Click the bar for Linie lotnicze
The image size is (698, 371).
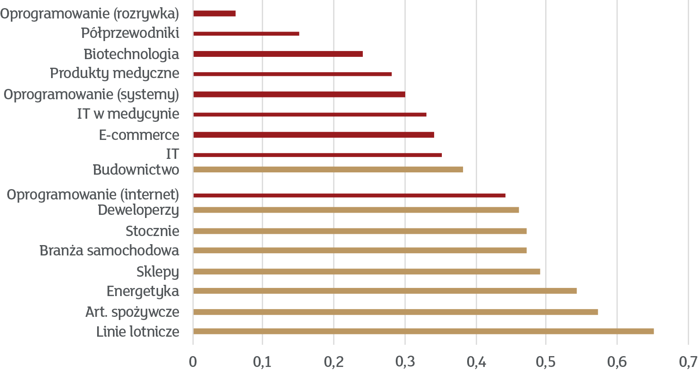point(423,331)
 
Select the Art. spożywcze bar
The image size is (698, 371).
point(395,312)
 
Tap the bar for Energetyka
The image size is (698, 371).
point(385,291)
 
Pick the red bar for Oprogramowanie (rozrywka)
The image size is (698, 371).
point(215,14)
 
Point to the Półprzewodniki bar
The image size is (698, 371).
point(246,33)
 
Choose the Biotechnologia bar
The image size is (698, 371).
point(278,54)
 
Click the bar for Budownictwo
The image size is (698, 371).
point(328,170)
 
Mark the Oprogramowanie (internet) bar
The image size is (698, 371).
point(349,195)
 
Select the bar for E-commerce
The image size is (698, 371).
point(314,135)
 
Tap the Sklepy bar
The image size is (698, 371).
point(366,272)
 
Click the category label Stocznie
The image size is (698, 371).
point(152,231)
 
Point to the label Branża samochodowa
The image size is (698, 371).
point(109,250)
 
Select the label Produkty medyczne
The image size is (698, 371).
point(115,73)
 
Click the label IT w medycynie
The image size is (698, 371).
point(128,114)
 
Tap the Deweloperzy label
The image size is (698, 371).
point(139,210)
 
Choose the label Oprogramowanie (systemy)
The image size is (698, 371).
point(91,95)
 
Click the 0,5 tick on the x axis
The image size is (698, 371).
point(546,362)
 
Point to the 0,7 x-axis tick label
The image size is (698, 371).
point(688,362)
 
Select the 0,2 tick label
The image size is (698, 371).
point(334,362)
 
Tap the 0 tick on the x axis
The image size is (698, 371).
point(193,362)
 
